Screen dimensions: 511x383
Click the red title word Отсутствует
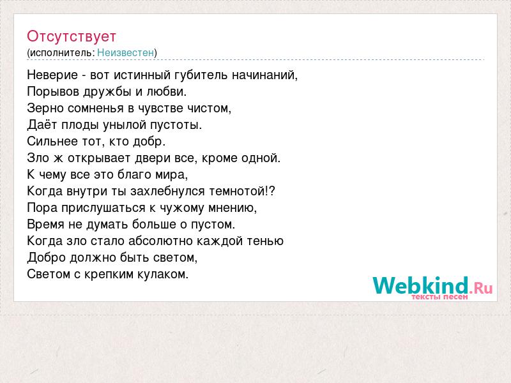click(72, 36)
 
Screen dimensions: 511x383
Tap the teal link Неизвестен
click(125, 52)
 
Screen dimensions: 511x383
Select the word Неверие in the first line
click(52, 75)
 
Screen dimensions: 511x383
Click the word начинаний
click(264, 75)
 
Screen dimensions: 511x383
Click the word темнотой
click(238, 191)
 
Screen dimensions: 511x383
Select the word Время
click(45, 225)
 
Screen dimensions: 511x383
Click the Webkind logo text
click(420, 285)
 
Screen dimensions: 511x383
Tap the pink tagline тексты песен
click(439, 297)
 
